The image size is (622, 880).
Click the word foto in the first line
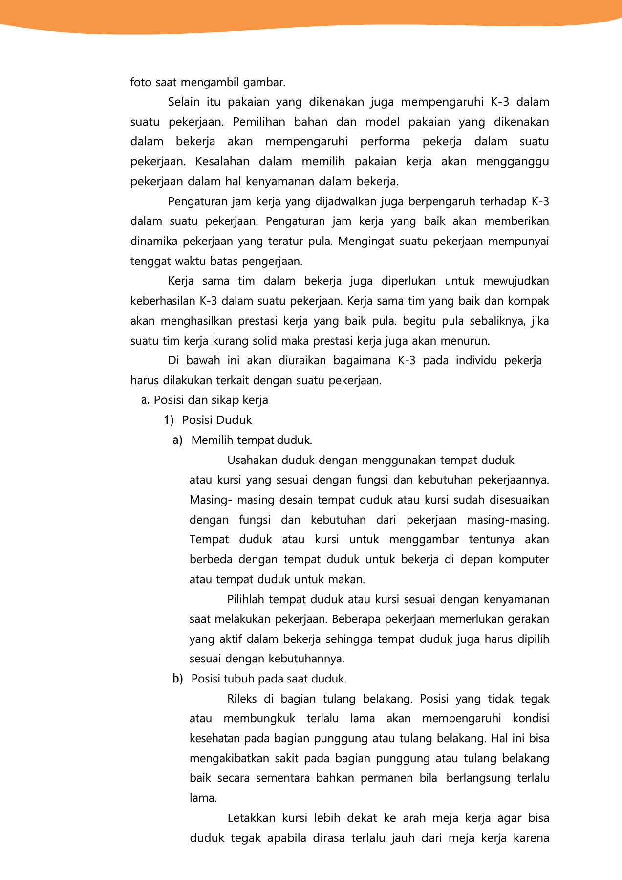coord(141,82)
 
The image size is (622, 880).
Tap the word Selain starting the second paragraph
coord(184,102)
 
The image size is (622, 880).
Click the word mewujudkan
coord(516,281)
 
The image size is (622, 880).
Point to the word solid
coord(265,341)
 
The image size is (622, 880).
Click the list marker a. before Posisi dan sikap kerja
coord(145,400)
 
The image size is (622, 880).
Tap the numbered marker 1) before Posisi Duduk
coord(169,420)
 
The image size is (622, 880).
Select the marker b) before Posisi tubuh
coord(177,679)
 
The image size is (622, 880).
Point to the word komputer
coord(524,559)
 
